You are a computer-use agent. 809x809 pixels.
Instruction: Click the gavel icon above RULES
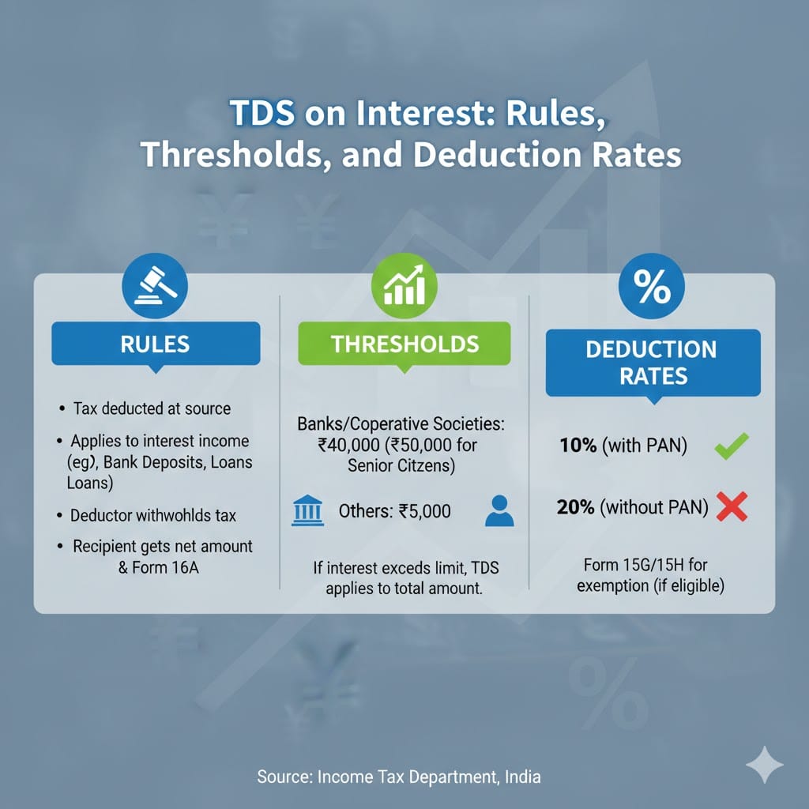click(155, 285)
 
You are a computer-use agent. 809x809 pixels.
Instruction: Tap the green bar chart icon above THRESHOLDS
click(404, 285)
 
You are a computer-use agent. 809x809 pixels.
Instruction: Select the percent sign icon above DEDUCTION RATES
click(652, 286)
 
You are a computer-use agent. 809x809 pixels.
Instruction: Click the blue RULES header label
click(156, 344)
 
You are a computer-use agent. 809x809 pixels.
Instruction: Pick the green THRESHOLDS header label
click(404, 344)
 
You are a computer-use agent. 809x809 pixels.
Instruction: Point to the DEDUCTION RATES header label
click(653, 363)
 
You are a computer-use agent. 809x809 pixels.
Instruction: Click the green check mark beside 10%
click(731, 446)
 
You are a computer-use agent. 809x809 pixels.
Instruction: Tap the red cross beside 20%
click(732, 506)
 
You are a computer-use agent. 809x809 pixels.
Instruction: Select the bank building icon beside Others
click(307, 510)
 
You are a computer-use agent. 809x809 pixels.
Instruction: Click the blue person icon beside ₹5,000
click(499, 511)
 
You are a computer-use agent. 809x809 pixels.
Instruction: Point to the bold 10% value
click(578, 446)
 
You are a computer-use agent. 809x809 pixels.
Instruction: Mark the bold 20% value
click(575, 507)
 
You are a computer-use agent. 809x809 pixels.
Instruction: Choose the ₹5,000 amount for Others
click(424, 511)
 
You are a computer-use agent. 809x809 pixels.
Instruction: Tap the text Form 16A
click(165, 567)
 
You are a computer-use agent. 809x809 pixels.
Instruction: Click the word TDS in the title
click(262, 112)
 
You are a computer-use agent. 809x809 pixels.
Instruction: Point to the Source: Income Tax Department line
click(399, 777)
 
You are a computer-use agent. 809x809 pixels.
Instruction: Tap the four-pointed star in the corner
click(765, 765)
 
